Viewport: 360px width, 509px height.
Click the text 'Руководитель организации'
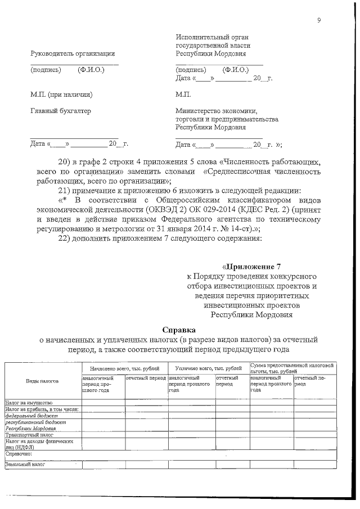(73, 53)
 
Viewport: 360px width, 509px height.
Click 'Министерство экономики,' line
(217, 111)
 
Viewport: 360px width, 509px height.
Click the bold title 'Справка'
(179, 330)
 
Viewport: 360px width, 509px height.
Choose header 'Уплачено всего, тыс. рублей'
(208, 368)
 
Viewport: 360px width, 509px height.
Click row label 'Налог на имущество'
(29, 403)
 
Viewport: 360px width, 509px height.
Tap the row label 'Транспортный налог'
(29, 435)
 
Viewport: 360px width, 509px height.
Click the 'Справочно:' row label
(20, 452)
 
